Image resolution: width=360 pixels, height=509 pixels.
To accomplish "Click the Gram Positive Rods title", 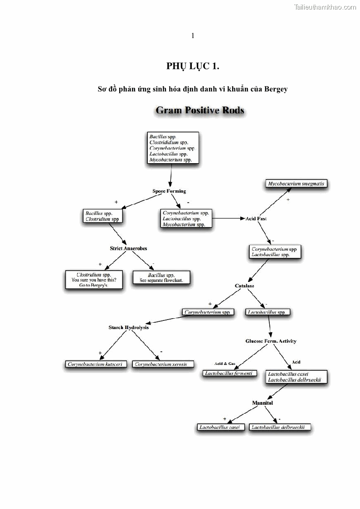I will click(200, 111).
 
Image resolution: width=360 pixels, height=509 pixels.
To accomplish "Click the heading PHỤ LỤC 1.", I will click(193, 66).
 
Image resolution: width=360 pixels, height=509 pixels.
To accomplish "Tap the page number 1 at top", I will click(193, 36).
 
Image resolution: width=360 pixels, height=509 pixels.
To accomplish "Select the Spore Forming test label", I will click(169, 191).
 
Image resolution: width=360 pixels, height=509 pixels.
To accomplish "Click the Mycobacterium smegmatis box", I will click(297, 184).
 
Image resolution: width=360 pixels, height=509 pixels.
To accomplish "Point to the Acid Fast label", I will click(256, 218).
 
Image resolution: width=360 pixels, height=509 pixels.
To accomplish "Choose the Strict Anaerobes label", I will click(128, 248).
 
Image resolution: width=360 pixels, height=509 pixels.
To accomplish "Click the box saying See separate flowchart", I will click(161, 278).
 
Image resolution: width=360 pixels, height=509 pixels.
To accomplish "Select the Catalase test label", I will click(244, 286).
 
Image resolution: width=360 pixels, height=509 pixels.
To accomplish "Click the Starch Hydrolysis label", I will click(128, 327).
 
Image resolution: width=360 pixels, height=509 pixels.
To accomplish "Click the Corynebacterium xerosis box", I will click(164, 364).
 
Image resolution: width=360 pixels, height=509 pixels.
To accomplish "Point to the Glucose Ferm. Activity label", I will click(271, 341).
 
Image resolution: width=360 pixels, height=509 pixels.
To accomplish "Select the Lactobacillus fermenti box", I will click(229, 373).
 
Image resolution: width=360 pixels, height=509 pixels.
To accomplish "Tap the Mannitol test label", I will click(263, 402).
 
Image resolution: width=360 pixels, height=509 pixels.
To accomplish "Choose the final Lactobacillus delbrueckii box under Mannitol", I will click(281, 427).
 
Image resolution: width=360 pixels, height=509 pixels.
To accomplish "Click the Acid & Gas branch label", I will click(225, 364).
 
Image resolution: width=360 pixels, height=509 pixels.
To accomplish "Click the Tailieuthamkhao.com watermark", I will click(325, 7).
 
